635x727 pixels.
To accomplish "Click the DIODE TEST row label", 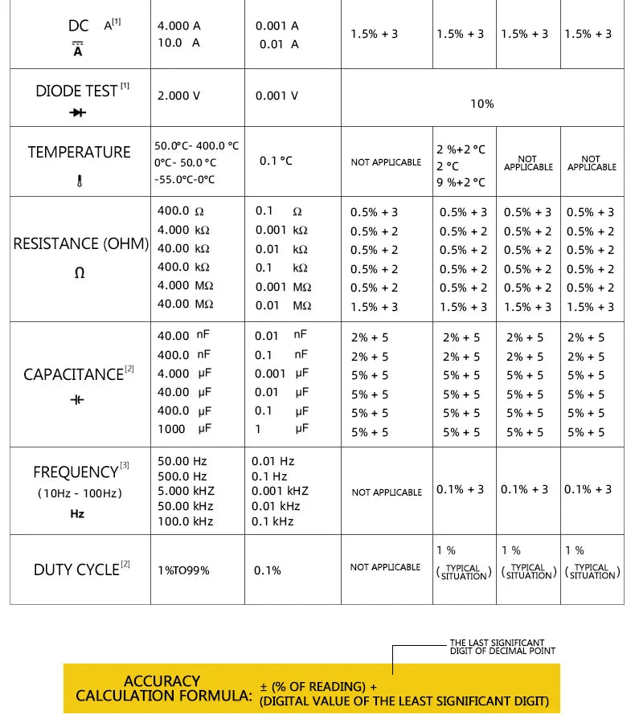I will point(77,91).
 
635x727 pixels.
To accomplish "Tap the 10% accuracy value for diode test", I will point(482,104).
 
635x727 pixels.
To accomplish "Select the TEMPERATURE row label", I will point(79,152).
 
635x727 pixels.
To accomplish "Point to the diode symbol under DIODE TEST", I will point(78,113).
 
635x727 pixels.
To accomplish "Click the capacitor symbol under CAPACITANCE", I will point(77,400).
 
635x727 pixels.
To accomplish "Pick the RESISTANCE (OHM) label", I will point(80,243).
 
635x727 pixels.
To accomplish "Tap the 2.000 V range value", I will point(178,96).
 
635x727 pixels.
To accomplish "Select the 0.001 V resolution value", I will point(277,96).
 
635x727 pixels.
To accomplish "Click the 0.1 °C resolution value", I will point(276,161).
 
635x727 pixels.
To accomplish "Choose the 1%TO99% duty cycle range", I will point(183,570).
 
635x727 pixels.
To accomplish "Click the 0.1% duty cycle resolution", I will point(268,570).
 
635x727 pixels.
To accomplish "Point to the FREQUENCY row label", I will point(76,472).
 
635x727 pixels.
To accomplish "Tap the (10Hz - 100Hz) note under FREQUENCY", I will point(80,493).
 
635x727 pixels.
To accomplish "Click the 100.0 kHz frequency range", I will point(186,521).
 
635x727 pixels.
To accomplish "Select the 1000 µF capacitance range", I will point(184,429).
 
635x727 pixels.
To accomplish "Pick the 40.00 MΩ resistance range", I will point(185,304).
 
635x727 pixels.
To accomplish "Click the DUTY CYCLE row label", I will point(76,570).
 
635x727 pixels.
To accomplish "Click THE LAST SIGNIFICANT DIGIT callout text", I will point(502,647).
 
